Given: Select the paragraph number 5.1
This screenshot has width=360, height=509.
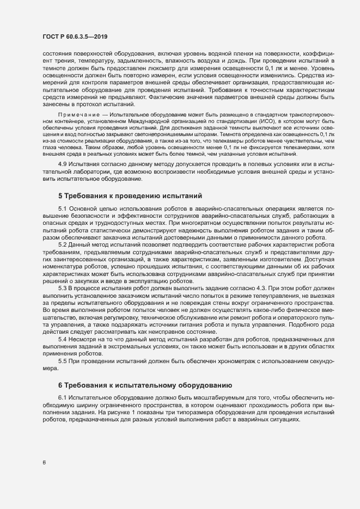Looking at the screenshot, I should tap(62, 208).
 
